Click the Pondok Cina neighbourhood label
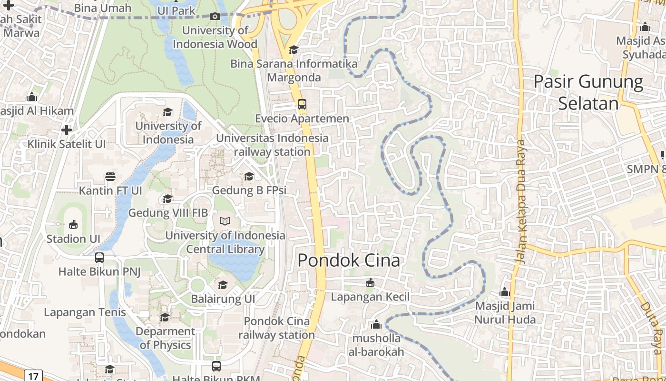(x=349, y=261)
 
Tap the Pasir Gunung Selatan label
(x=588, y=92)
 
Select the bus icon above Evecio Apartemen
(x=302, y=104)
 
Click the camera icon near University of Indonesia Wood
(x=215, y=17)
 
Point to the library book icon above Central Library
(x=225, y=221)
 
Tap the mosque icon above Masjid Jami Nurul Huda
(x=505, y=292)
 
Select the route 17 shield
(x=33, y=376)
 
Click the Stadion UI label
(x=73, y=239)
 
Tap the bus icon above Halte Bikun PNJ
(x=99, y=258)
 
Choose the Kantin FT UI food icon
(x=110, y=177)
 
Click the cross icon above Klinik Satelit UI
(x=67, y=130)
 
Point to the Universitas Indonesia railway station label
(x=272, y=145)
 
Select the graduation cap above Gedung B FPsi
(x=249, y=177)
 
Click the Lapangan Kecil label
(x=370, y=297)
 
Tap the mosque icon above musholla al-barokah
(x=376, y=325)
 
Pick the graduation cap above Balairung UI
(x=223, y=285)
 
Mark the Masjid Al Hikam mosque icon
(x=32, y=97)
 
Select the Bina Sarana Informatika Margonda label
(x=294, y=70)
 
